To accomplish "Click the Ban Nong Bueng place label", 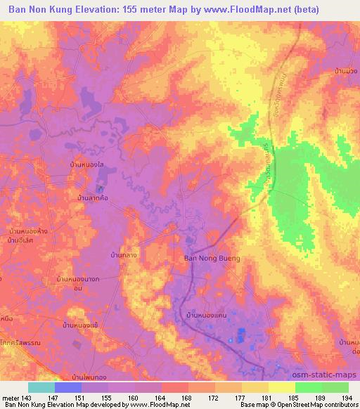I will pos(212,259).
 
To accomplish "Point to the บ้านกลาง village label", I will pos(124,256).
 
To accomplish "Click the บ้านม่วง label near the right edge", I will pos(347,71).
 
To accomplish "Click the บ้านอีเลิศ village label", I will pos(21,241).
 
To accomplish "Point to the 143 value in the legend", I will pos(27,398).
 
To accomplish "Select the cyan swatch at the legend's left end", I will pos(41,387).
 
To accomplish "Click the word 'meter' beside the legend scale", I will pos(10,398).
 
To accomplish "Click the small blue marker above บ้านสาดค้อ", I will pos(99,189).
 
